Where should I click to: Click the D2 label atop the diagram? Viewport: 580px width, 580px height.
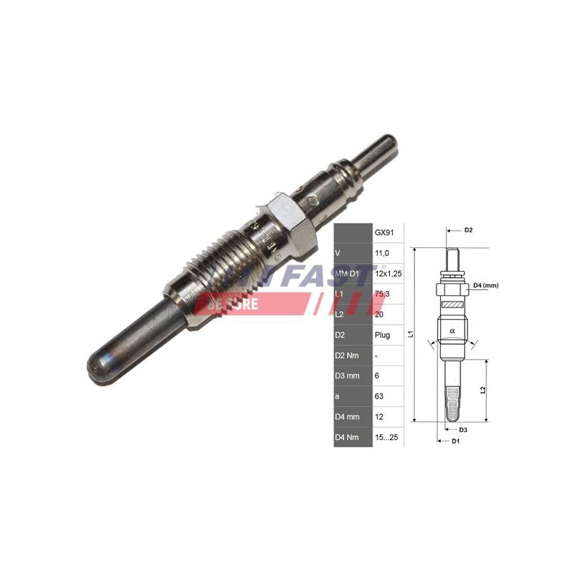point(468,231)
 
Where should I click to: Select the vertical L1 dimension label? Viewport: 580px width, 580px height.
point(411,334)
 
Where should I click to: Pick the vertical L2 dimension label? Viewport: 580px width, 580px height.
point(484,389)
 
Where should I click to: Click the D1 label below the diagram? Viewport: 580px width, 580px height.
point(455,441)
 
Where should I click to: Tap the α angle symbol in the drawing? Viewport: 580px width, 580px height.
point(452,331)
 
